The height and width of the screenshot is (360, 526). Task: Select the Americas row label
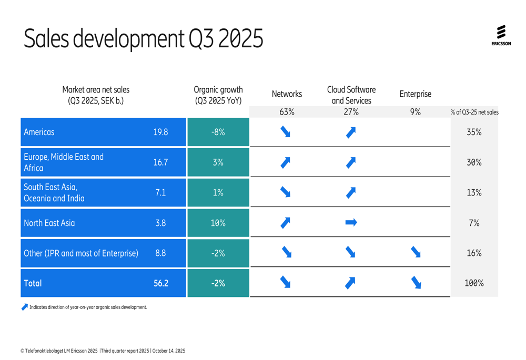(39, 132)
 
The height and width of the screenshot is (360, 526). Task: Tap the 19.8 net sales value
(160, 132)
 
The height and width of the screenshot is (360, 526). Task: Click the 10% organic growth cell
(218, 223)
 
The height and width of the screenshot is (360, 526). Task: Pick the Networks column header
(287, 95)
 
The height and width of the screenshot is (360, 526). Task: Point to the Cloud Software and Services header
(351, 95)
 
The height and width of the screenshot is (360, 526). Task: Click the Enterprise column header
(415, 95)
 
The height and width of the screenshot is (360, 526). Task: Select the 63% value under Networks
(287, 111)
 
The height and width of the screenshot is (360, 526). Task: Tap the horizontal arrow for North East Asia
(351, 223)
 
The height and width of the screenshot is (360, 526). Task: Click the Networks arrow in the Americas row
(286, 132)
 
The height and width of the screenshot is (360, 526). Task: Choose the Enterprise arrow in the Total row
(416, 283)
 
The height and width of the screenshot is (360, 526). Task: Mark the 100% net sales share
(474, 283)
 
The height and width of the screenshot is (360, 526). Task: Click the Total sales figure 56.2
(160, 283)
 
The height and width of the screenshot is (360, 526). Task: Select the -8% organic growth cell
(218, 132)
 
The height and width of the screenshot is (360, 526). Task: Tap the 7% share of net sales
(474, 223)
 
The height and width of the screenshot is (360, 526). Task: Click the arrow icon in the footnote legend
(25, 307)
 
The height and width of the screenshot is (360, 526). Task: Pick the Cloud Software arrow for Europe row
(351, 163)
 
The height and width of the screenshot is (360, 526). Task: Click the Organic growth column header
(218, 95)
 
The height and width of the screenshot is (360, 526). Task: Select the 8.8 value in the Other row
(160, 253)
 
